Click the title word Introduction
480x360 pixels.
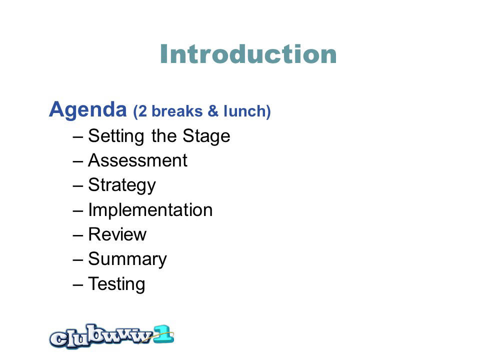tap(248, 54)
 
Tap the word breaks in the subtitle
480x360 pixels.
tap(177, 111)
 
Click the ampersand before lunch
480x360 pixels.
tap(213, 111)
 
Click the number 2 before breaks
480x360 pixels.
tap(142, 111)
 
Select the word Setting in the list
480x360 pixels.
tap(116, 136)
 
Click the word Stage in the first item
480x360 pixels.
tap(206, 136)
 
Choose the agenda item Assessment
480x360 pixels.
tap(138, 160)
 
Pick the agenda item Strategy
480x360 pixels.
tap(122, 185)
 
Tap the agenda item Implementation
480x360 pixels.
tap(150, 210)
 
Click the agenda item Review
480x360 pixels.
tap(117, 234)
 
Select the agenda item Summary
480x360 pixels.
tap(127, 259)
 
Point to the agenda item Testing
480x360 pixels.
tap(116, 284)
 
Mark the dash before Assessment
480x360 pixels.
tap(78, 161)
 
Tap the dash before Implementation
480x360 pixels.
tap(78, 211)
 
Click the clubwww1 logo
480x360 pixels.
tap(111, 336)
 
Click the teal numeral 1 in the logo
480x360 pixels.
tap(164, 334)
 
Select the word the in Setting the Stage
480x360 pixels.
tap(164, 136)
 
